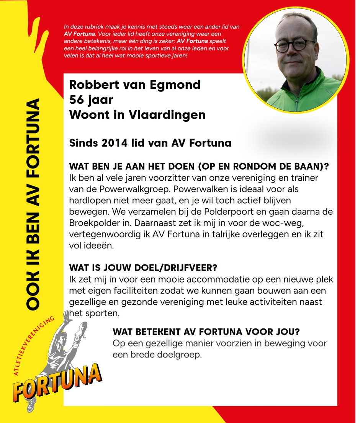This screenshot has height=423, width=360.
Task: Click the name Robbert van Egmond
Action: pos(135,85)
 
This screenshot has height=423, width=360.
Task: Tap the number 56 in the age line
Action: pos(77,100)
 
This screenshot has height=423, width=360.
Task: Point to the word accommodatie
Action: pos(184,278)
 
